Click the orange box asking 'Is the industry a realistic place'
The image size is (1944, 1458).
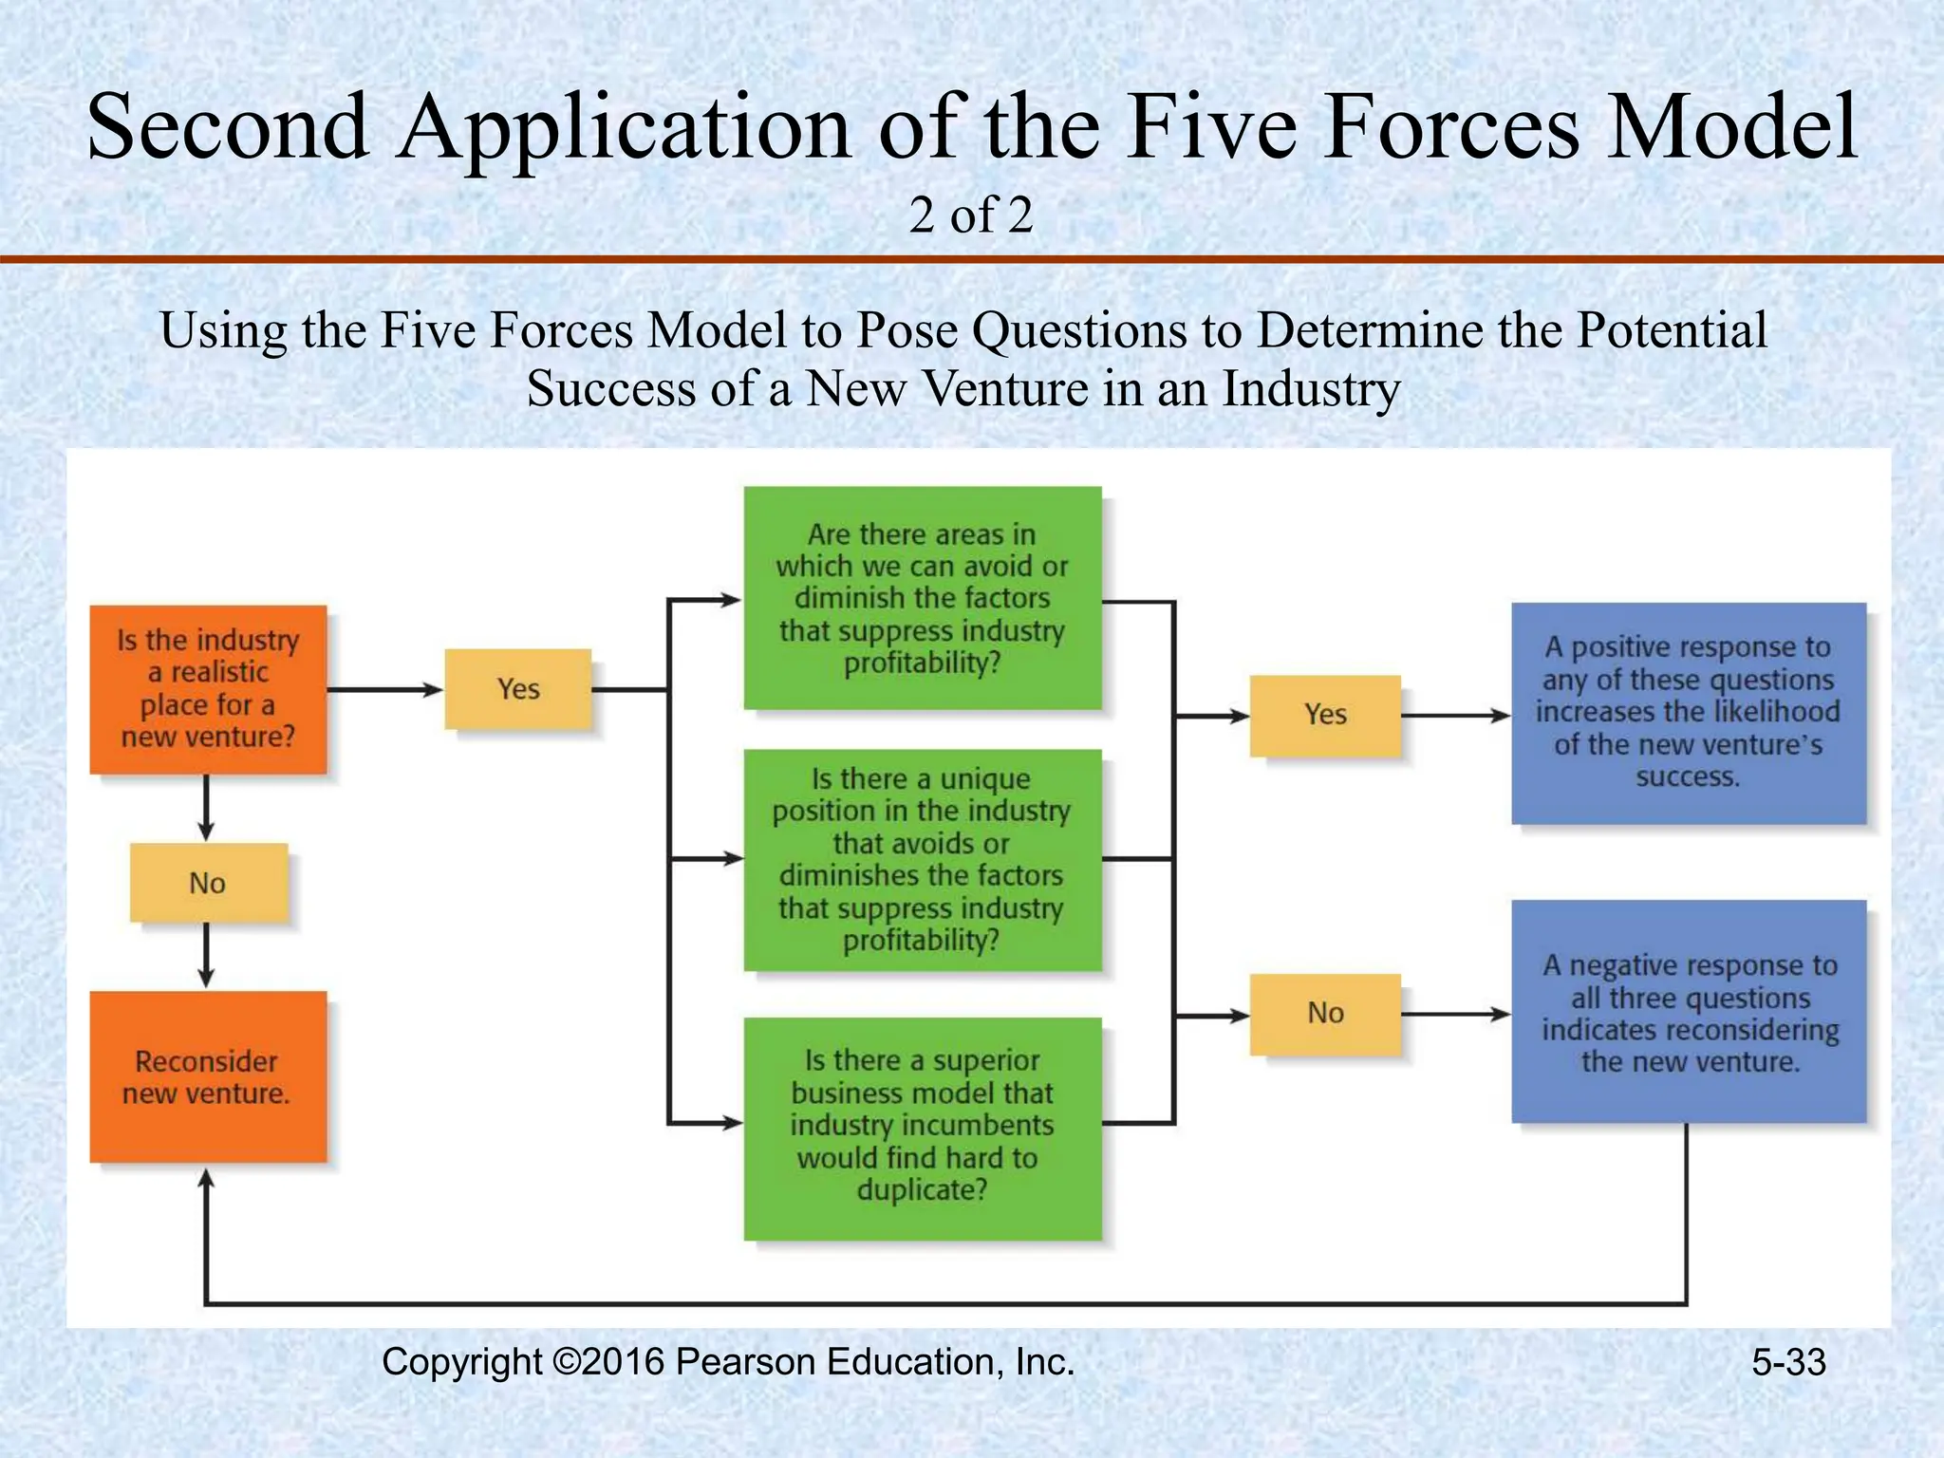(x=208, y=689)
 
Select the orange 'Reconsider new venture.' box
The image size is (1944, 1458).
(x=208, y=1076)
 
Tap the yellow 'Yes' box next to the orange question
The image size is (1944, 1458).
(x=518, y=689)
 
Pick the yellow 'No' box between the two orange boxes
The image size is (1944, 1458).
(x=208, y=883)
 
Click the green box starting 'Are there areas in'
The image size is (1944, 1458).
(x=922, y=598)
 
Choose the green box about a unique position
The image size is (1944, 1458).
(x=922, y=860)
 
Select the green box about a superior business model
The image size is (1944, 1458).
(x=922, y=1128)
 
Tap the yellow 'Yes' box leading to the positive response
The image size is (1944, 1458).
(x=1325, y=715)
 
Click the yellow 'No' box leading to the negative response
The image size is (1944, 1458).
(x=1325, y=1014)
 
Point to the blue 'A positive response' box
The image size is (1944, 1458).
(x=1688, y=713)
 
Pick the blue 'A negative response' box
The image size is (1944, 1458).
(x=1688, y=1012)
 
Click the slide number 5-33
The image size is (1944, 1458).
(x=1788, y=1363)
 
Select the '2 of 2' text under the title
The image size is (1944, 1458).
(x=970, y=215)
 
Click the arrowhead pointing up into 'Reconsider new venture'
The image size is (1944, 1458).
(x=206, y=1180)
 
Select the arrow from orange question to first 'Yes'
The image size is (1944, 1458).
(x=384, y=690)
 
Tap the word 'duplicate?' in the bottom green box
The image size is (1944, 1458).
(x=922, y=1190)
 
